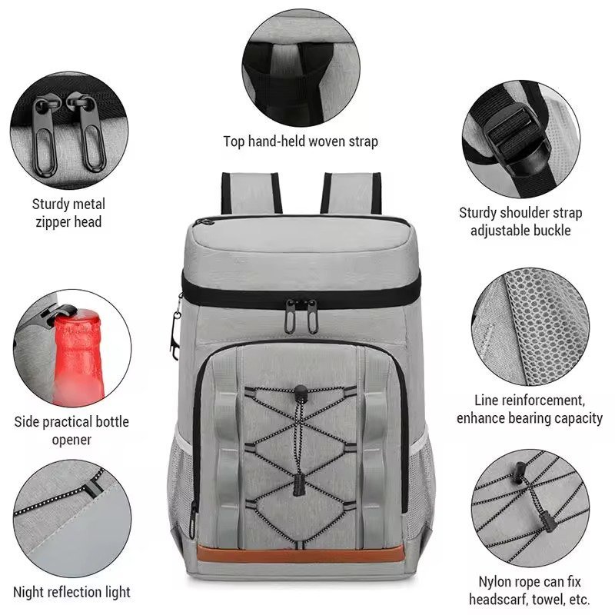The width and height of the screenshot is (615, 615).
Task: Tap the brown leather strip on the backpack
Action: (301, 553)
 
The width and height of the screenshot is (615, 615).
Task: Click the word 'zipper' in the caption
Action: (54, 222)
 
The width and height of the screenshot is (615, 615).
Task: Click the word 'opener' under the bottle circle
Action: (71, 440)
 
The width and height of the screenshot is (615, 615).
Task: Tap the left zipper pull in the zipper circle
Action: (45, 135)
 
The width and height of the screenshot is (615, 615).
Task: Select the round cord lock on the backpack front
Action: (301, 392)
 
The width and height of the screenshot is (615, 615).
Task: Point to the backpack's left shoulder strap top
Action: (251, 193)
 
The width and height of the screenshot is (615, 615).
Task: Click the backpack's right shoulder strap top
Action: (351, 193)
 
